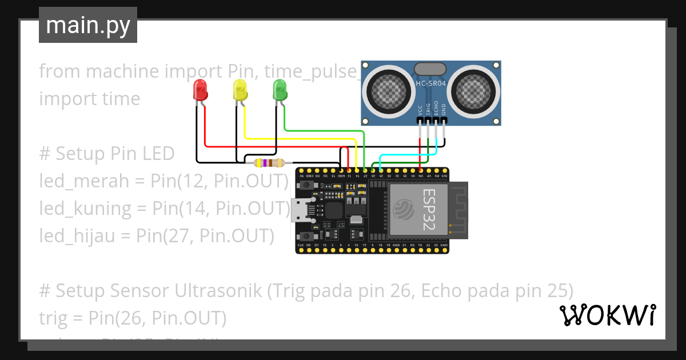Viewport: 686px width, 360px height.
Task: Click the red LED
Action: click(x=200, y=90)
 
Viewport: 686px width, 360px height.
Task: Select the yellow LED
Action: click(x=240, y=90)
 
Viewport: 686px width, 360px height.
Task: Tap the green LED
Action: click(x=280, y=90)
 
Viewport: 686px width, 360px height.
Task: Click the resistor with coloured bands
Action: click(x=269, y=163)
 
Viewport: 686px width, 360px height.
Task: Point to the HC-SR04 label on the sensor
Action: click(x=431, y=84)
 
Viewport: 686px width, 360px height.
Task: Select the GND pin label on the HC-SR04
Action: click(x=444, y=109)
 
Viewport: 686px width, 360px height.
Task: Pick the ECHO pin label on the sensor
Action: click(x=436, y=109)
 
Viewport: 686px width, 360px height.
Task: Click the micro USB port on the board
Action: click(x=298, y=210)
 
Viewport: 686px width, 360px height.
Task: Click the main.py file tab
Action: click(x=88, y=25)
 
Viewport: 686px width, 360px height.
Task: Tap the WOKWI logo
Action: click(x=607, y=315)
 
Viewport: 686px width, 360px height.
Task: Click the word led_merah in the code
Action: click(x=78, y=181)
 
